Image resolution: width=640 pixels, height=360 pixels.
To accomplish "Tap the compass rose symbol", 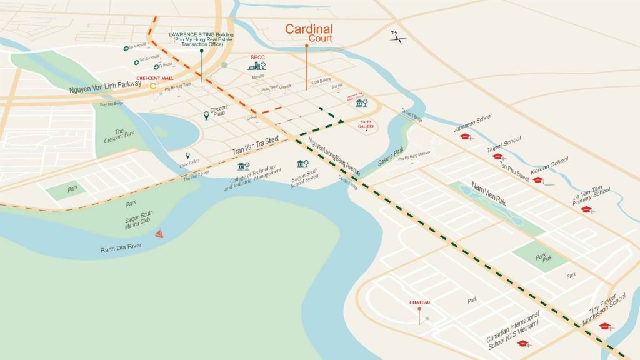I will pyautogui.click(x=397, y=38).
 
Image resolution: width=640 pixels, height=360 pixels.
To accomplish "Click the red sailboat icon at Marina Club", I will pyautogui.click(x=159, y=234).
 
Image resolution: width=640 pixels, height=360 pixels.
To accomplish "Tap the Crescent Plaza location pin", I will pyautogui.click(x=206, y=115).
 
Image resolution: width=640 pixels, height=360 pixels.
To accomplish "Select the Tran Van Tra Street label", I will pyautogui.click(x=255, y=146).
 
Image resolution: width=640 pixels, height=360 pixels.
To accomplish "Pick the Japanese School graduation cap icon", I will pyautogui.click(x=464, y=136).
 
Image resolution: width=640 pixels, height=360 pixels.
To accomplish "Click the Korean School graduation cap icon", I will pyautogui.click(x=537, y=180).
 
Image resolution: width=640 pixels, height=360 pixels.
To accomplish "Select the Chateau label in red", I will pyautogui.click(x=420, y=302).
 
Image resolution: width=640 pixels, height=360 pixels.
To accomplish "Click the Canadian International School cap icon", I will pyautogui.click(x=522, y=343).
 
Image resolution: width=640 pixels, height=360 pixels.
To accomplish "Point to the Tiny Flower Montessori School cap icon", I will pyautogui.click(x=604, y=326).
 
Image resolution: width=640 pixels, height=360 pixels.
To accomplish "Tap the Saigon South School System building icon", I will pyautogui.click(x=303, y=164).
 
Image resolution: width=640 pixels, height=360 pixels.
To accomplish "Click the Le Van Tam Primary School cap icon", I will pyautogui.click(x=586, y=209).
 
